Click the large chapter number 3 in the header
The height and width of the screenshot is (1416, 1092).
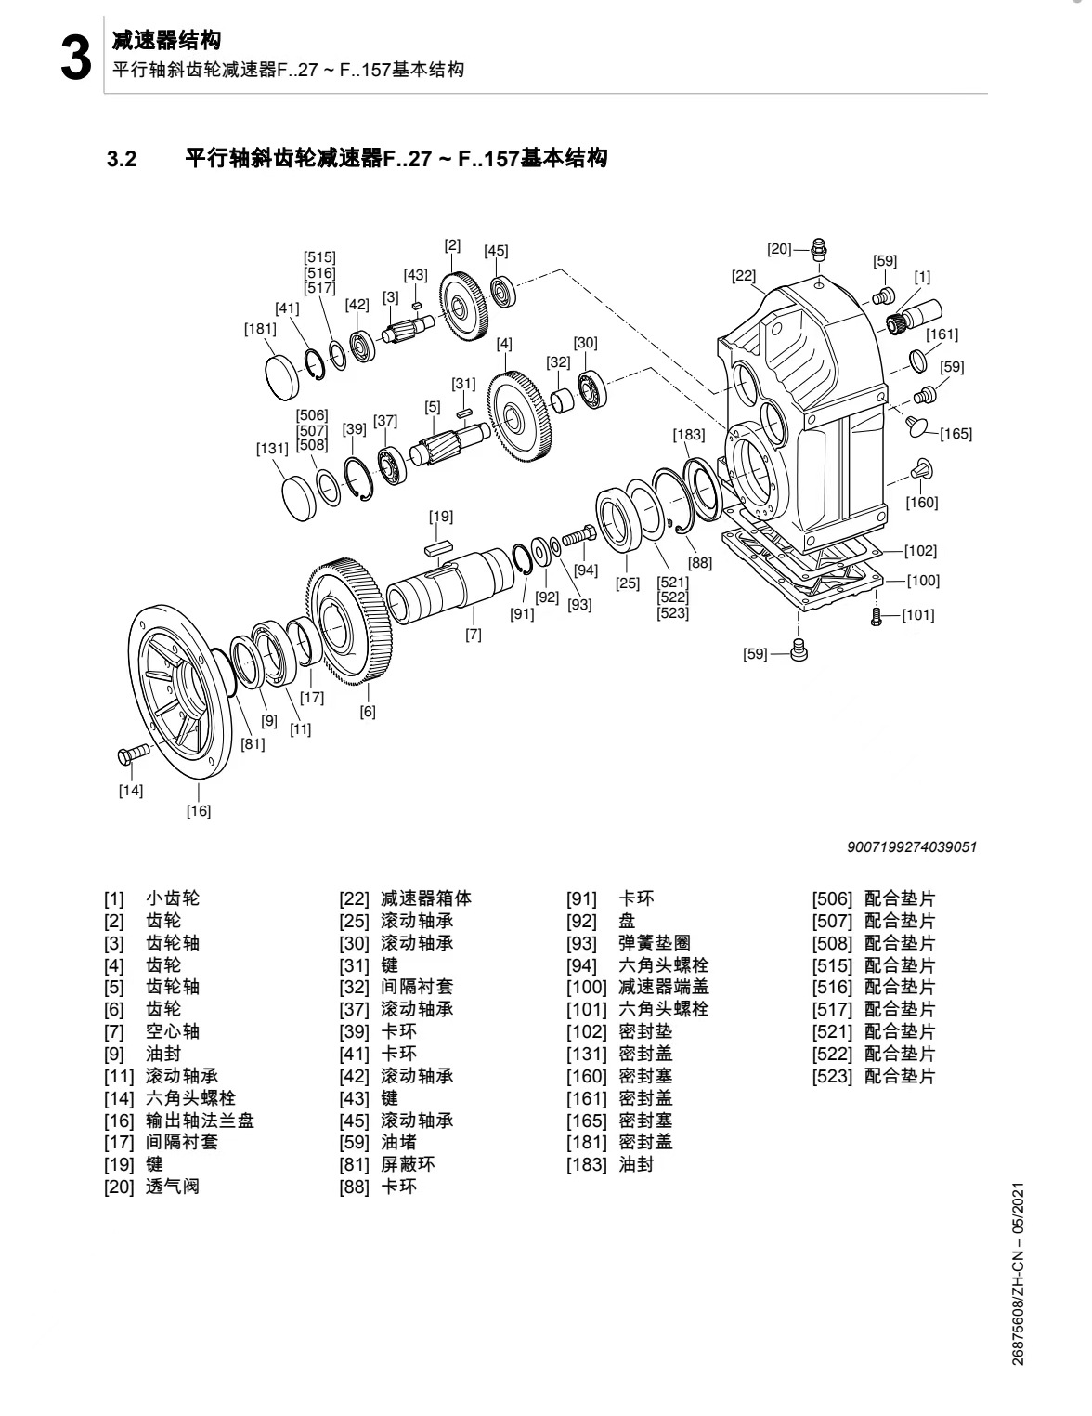(x=74, y=59)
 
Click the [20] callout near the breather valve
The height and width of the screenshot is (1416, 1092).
(x=778, y=248)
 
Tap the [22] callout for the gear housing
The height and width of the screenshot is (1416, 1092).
(x=744, y=275)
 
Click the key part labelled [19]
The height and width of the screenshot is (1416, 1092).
(x=438, y=548)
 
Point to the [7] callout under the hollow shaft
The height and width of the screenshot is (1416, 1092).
(x=474, y=635)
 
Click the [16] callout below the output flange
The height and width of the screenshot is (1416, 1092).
(x=199, y=810)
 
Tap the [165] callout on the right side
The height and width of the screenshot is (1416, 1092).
(x=955, y=433)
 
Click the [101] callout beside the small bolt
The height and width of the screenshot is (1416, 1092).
(x=918, y=614)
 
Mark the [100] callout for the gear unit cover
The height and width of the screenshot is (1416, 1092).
(x=923, y=581)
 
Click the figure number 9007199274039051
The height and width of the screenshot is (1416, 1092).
(x=912, y=846)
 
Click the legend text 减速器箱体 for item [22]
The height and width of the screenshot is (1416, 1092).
(x=426, y=898)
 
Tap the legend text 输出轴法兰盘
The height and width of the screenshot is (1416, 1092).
(x=200, y=1121)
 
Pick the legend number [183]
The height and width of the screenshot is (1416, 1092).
(x=587, y=1164)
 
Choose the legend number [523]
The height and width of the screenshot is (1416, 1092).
(x=832, y=1077)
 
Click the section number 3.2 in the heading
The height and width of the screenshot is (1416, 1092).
(x=122, y=159)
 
